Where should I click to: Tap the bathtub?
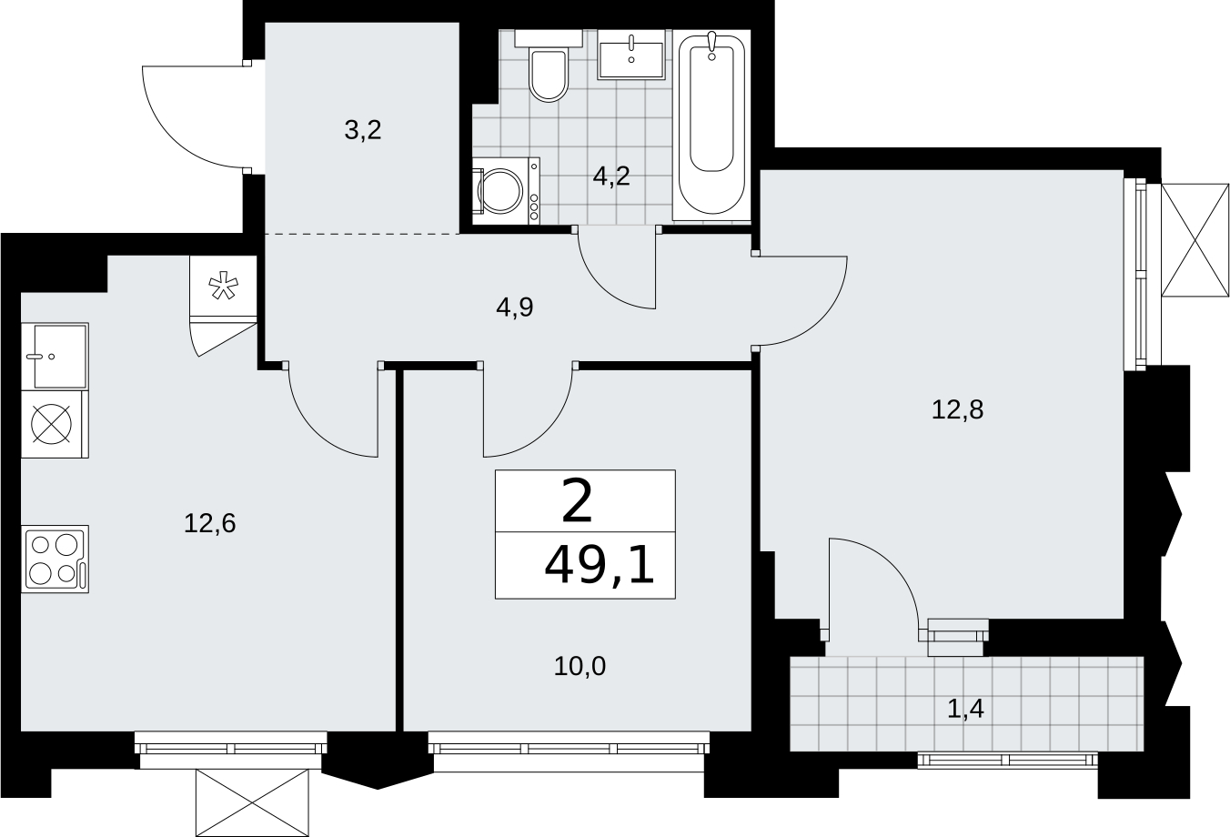(x=711, y=126)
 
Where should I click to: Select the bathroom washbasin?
(x=631, y=55)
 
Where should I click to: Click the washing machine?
(x=506, y=190)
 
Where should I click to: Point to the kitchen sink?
(x=55, y=357)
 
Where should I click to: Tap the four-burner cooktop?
(x=55, y=559)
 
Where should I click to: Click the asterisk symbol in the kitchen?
(x=224, y=287)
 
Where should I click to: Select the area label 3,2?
(x=363, y=131)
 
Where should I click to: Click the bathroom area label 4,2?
(x=611, y=176)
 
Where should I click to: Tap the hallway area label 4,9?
(x=515, y=308)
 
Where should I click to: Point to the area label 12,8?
(x=958, y=409)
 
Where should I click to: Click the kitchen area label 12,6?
(x=210, y=523)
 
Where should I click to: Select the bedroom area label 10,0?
(x=580, y=666)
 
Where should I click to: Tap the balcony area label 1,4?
(x=966, y=709)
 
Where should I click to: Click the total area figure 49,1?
(x=600, y=566)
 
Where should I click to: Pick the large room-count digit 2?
(x=577, y=501)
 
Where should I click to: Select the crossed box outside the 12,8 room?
(x=1195, y=240)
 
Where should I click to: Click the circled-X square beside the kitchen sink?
(x=52, y=424)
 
